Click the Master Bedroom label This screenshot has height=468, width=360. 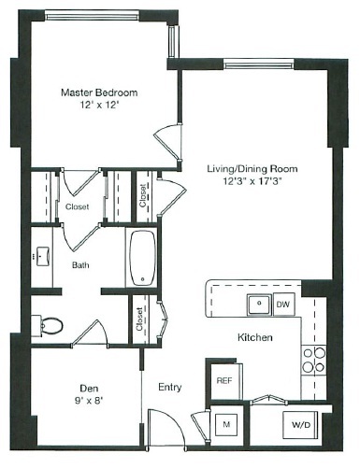[x=99, y=92]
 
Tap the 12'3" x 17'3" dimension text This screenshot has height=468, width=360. [x=252, y=181]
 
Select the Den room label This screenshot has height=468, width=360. [x=89, y=388]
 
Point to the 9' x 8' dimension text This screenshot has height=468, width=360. [x=89, y=401]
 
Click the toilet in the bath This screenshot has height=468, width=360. [x=48, y=326]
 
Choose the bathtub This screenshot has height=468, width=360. [x=143, y=258]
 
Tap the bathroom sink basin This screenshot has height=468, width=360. [x=43, y=256]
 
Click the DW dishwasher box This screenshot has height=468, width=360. [x=283, y=305]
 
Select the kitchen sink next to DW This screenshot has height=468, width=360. [x=259, y=304]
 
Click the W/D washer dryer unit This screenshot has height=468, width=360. [x=300, y=425]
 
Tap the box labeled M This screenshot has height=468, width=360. [x=226, y=424]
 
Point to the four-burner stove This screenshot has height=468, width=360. [x=313, y=361]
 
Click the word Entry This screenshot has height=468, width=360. [x=170, y=388]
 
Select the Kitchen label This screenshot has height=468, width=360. [x=255, y=337]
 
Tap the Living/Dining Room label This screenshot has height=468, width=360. [x=252, y=169]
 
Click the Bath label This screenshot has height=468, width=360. [x=80, y=265]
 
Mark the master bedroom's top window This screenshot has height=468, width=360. [x=92, y=16]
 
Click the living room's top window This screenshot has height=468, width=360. [x=259, y=64]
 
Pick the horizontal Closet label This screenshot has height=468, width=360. [x=77, y=206]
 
